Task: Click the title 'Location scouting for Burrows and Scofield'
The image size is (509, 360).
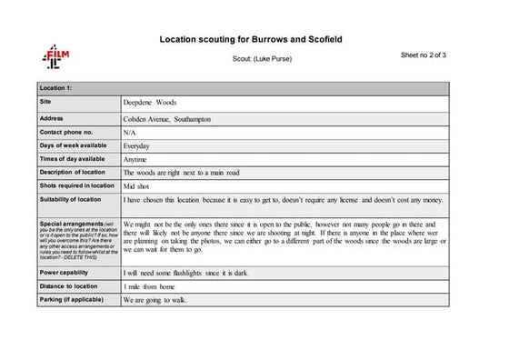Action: [x=250, y=40]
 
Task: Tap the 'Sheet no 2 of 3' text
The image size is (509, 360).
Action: [x=424, y=55]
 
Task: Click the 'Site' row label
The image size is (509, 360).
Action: [x=46, y=102]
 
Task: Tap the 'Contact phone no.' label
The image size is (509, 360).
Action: [x=68, y=132]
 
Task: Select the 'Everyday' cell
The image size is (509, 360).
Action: [x=137, y=145]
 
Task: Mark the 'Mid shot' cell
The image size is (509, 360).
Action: [x=139, y=185]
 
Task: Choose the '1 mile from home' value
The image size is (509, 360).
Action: [x=149, y=287]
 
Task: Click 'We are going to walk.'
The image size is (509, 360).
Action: [x=155, y=300]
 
